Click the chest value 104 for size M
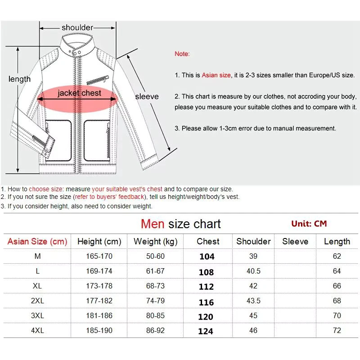pyautogui.click(x=207, y=256)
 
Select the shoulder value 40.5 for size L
pyautogui.click(x=253, y=271)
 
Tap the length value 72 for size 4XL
pyautogui.click(x=337, y=330)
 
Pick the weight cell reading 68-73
pyautogui.click(x=156, y=286)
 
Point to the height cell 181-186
pyautogui.click(x=99, y=315)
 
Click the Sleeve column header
pyautogui.click(x=295, y=242)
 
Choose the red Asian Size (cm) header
pyautogui.click(x=37, y=242)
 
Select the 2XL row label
pyautogui.click(x=37, y=301)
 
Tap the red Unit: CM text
pyautogui.click(x=309, y=224)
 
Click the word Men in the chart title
pyautogui.click(x=153, y=224)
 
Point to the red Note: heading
pyautogui.click(x=182, y=54)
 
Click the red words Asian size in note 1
pyautogui.click(x=216, y=75)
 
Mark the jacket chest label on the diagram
pyautogui.click(x=80, y=94)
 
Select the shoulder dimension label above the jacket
pyautogui.click(x=77, y=28)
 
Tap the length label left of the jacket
pyautogui.click(x=19, y=79)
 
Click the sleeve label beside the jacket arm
pyautogui.click(x=147, y=96)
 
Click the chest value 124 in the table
pyautogui.click(x=206, y=331)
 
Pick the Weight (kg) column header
pyautogui.click(x=156, y=242)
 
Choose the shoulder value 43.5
pyautogui.click(x=253, y=301)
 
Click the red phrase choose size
pyautogui.click(x=45, y=189)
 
